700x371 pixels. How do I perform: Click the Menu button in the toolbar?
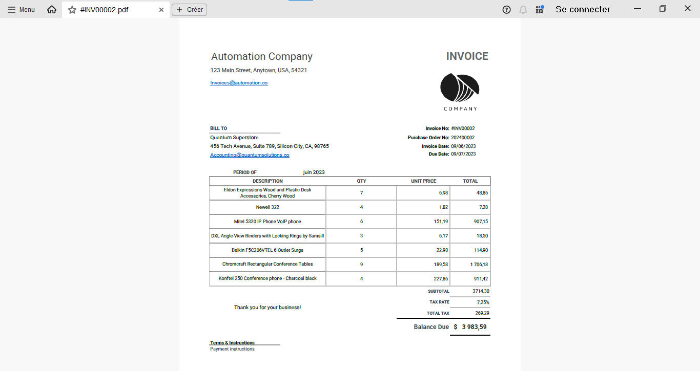[22, 10]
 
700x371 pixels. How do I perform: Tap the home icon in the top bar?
[52, 10]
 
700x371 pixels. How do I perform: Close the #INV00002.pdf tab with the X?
[161, 10]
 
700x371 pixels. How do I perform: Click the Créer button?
[189, 10]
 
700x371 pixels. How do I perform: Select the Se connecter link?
[583, 9]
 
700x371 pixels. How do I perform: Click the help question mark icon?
[506, 10]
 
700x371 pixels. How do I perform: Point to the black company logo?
[460, 88]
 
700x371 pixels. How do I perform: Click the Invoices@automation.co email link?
[239, 83]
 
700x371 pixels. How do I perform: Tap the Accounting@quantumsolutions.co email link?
[250, 155]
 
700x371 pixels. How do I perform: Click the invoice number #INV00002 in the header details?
[463, 128]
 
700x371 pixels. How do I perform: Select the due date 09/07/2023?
[463, 154]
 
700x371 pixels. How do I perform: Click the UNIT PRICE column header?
[423, 181]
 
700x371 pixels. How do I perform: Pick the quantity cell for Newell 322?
[361, 207]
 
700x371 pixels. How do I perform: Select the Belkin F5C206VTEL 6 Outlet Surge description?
[267, 250]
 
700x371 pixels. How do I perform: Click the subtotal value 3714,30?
[481, 291]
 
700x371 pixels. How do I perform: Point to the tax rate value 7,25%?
[483, 302]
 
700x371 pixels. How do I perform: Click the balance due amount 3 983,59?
[474, 327]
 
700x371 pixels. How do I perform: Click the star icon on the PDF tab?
[72, 10]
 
